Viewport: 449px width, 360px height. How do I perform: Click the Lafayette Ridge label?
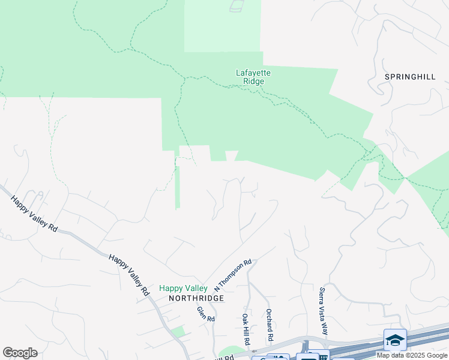[253, 77]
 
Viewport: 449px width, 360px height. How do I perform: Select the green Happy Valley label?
[183, 289]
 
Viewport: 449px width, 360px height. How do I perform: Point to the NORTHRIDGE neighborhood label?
[196, 298]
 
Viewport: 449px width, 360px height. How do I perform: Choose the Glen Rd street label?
[206, 314]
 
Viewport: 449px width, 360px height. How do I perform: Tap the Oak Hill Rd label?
[246, 329]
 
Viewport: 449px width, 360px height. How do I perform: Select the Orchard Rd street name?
[270, 325]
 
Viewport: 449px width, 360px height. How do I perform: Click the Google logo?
[20, 353]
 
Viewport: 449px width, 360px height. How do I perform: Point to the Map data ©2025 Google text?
[412, 355]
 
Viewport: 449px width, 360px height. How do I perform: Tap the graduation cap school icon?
[396, 340]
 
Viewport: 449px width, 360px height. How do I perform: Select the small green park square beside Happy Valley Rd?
[177, 332]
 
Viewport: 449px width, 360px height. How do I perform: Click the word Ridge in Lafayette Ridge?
[253, 82]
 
